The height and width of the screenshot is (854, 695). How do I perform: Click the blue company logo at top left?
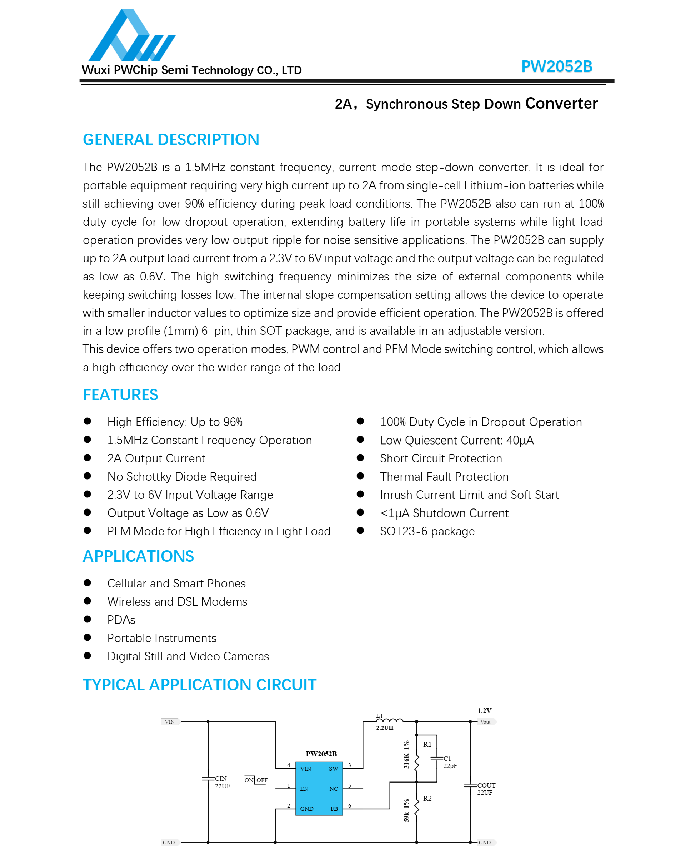pos(131,36)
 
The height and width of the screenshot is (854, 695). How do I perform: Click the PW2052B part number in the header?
pos(556,66)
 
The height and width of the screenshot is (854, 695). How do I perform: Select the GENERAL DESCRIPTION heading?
pos(171,140)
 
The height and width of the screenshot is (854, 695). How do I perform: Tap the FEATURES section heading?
pos(120,395)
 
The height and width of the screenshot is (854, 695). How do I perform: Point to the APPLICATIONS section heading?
pos(138,556)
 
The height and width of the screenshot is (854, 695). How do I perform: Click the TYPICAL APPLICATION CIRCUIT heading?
pos(199,685)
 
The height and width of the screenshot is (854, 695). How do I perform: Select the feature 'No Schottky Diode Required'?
pos(182,477)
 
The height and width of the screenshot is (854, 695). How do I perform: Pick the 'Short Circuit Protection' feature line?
pos(441,459)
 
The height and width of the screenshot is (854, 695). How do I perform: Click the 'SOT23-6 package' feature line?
pos(427,532)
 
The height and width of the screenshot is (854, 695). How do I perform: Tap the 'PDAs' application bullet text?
pos(121,620)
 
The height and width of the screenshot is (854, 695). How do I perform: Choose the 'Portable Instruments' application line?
pos(162,638)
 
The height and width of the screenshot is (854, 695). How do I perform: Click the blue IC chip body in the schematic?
pos(319,788)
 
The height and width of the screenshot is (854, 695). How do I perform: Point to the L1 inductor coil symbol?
pos(389,721)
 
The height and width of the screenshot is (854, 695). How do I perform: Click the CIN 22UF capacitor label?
pos(222,782)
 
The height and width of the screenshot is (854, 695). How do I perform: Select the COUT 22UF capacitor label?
pos(486,789)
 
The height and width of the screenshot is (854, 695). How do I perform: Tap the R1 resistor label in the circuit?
pos(427,744)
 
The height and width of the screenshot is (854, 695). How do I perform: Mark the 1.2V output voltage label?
pos(484,711)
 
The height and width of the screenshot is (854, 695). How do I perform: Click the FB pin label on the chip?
pos(334,809)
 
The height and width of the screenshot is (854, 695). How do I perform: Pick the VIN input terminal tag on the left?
pos(170,722)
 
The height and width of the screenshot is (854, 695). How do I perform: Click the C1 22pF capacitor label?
pos(450,762)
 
